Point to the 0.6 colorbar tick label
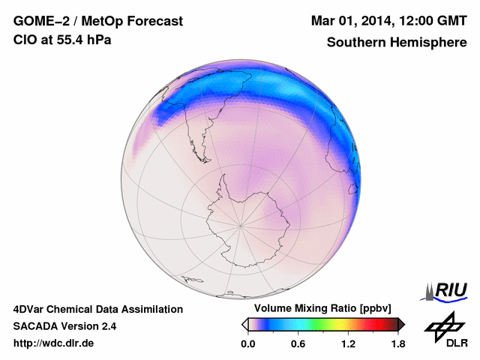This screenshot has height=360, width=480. (298, 343)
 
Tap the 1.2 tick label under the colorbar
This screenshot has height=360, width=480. (347, 343)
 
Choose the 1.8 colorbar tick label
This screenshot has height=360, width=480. (397, 343)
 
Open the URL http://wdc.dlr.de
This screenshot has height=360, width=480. (54, 343)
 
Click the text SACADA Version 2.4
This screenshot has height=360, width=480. (64, 326)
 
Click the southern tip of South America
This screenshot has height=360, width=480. (201, 142)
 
